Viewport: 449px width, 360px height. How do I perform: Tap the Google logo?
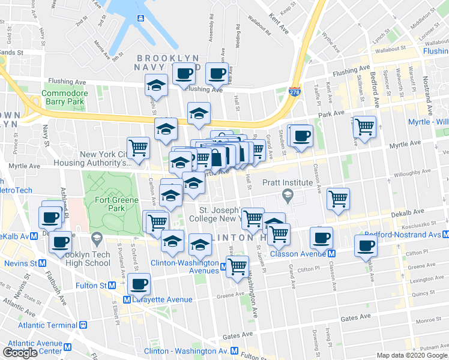(20, 353)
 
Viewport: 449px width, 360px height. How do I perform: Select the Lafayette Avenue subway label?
(159, 299)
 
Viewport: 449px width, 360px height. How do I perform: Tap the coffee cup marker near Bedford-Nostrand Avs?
(366, 245)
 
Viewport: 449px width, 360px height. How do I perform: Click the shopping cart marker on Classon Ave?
(339, 199)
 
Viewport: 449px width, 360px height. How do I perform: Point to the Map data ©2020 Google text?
(412, 355)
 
